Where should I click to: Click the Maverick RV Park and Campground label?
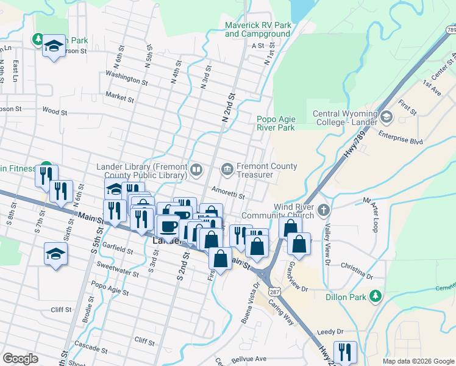[x=258, y=29]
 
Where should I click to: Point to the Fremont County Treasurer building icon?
[x=227, y=168]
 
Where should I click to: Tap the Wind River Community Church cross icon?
[x=324, y=210]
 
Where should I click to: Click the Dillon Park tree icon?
[x=376, y=296]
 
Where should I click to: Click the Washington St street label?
[x=126, y=77]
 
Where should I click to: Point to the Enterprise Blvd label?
[x=400, y=139]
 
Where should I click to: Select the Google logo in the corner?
[x=20, y=359]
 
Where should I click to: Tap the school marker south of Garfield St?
[x=55, y=254]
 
